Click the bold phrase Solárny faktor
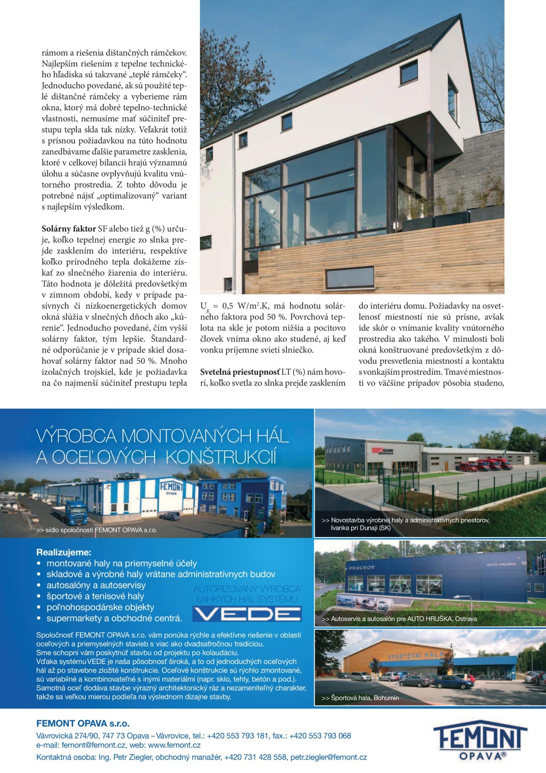(x=69, y=229)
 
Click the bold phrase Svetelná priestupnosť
(x=240, y=372)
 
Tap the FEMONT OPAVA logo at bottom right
(x=481, y=741)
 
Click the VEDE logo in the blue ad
(x=247, y=614)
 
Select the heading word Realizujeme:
(x=63, y=552)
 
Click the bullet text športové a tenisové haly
(x=95, y=596)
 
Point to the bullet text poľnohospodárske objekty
(x=100, y=607)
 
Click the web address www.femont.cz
(x=174, y=745)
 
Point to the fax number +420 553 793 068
(x=320, y=736)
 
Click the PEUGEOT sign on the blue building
(x=362, y=568)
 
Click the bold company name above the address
(x=83, y=724)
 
